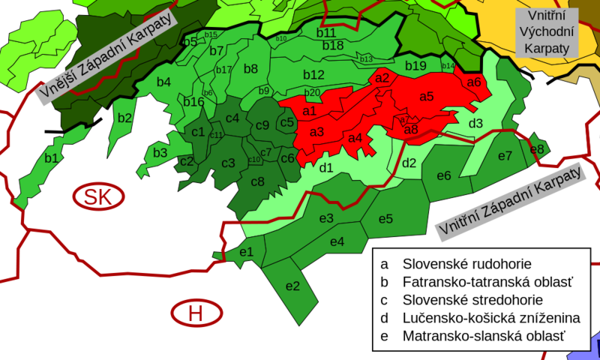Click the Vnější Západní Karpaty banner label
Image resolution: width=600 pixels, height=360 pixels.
point(106,56)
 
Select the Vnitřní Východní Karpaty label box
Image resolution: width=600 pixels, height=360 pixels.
point(544,31)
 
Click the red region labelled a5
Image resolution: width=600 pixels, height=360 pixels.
point(426,96)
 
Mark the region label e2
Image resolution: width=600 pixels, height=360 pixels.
point(292,286)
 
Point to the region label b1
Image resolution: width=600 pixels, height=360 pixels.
point(51,158)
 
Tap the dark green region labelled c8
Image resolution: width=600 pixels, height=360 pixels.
point(257,181)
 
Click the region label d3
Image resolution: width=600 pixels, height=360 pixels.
point(475,123)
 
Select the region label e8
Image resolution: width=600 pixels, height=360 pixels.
point(537,148)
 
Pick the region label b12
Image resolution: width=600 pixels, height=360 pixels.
point(313,75)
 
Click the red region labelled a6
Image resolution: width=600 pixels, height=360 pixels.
point(474,82)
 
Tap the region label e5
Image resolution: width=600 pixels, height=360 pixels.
point(385,219)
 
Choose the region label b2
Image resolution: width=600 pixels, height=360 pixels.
point(124,117)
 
